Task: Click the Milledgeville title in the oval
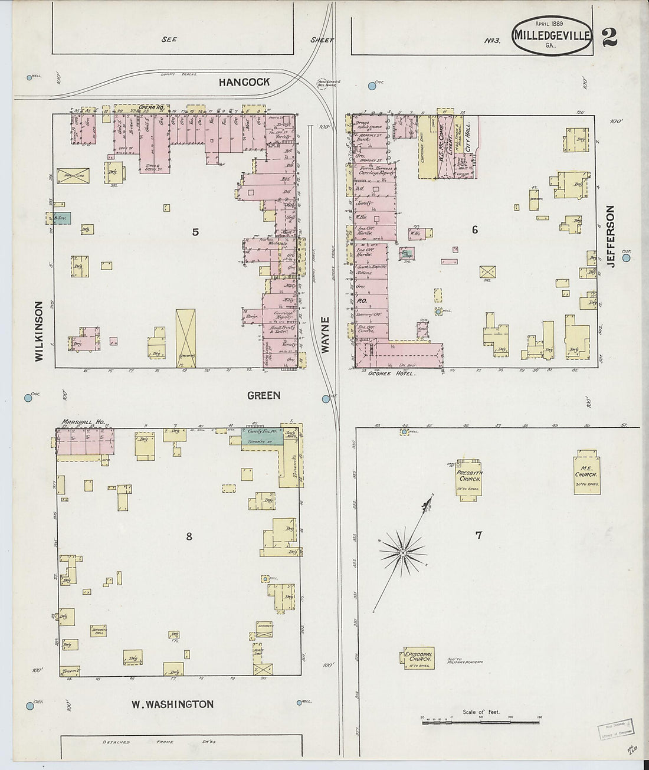pyautogui.click(x=552, y=35)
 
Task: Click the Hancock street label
pyautogui.click(x=244, y=83)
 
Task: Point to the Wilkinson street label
pyautogui.click(x=39, y=332)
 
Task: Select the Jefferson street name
pyautogui.click(x=611, y=236)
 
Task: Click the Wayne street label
pyautogui.click(x=324, y=335)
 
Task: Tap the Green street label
pyautogui.click(x=263, y=395)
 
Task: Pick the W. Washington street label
pyautogui.click(x=172, y=704)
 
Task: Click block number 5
pyautogui.click(x=195, y=232)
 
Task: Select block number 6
pyautogui.click(x=474, y=230)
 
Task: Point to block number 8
pyautogui.click(x=189, y=536)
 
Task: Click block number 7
pyautogui.click(x=478, y=535)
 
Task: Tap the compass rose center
pyautogui.click(x=403, y=552)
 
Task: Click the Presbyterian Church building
pyautogui.click(x=468, y=477)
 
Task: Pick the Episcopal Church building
pyautogui.click(x=418, y=658)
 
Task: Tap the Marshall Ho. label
pyautogui.click(x=83, y=422)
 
